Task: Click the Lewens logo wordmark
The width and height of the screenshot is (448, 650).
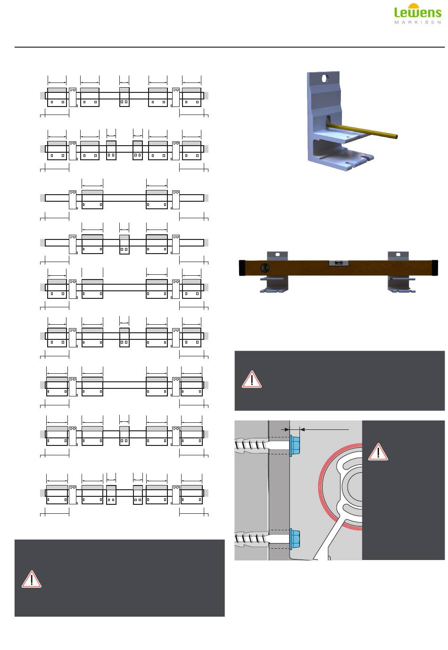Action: point(417,12)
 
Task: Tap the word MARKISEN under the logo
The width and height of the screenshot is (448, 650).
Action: point(417,22)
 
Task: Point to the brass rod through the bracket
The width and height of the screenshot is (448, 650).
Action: point(362,130)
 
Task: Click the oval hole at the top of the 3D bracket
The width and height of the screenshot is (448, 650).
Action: point(325,78)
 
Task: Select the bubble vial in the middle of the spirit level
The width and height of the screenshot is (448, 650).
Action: point(338,263)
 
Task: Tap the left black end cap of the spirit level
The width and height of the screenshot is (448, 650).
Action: point(242,268)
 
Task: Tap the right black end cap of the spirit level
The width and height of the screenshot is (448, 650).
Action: point(435,268)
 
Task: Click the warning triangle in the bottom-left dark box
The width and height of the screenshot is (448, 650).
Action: point(31,579)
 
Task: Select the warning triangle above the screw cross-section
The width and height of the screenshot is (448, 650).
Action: point(252,379)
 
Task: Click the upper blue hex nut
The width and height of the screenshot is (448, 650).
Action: point(295,445)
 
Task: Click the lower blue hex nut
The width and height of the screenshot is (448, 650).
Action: point(295,539)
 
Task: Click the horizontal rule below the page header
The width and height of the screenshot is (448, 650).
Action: point(229,47)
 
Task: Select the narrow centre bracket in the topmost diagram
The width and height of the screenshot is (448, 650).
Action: point(124,97)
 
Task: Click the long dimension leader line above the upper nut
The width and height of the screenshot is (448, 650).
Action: point(324,429)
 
